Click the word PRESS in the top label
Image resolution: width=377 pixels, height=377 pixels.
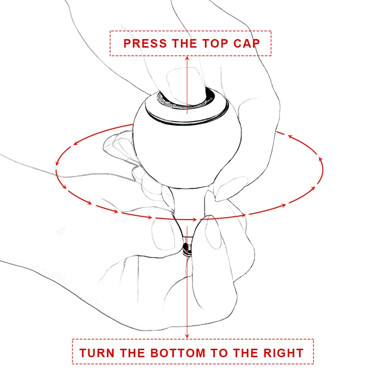(x=145, y=43)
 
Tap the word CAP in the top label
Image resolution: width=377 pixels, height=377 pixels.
(x=246, y=43)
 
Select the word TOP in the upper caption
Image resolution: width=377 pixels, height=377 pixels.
(x=215, y=43)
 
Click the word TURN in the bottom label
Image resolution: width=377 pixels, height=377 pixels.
(x=97, y=353)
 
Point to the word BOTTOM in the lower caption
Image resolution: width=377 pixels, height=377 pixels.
(x=178, y=353)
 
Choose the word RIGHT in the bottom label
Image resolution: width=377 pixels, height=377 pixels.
(x=283, y=353)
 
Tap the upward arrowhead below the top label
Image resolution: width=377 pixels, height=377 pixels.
(x=187, y=58)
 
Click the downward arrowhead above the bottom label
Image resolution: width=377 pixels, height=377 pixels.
(x=187, y=336)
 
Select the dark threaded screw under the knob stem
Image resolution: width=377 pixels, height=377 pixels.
(x=187, y=250)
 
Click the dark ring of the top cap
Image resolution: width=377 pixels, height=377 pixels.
(x=186, y=107)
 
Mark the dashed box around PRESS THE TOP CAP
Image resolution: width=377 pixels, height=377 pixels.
(x=191, y=31)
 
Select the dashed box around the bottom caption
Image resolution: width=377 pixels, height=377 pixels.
(x=193, y=339)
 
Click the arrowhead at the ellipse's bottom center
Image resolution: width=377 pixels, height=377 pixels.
(x=194, y=220)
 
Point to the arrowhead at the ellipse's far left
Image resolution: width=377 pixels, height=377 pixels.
(x=57, y=163)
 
